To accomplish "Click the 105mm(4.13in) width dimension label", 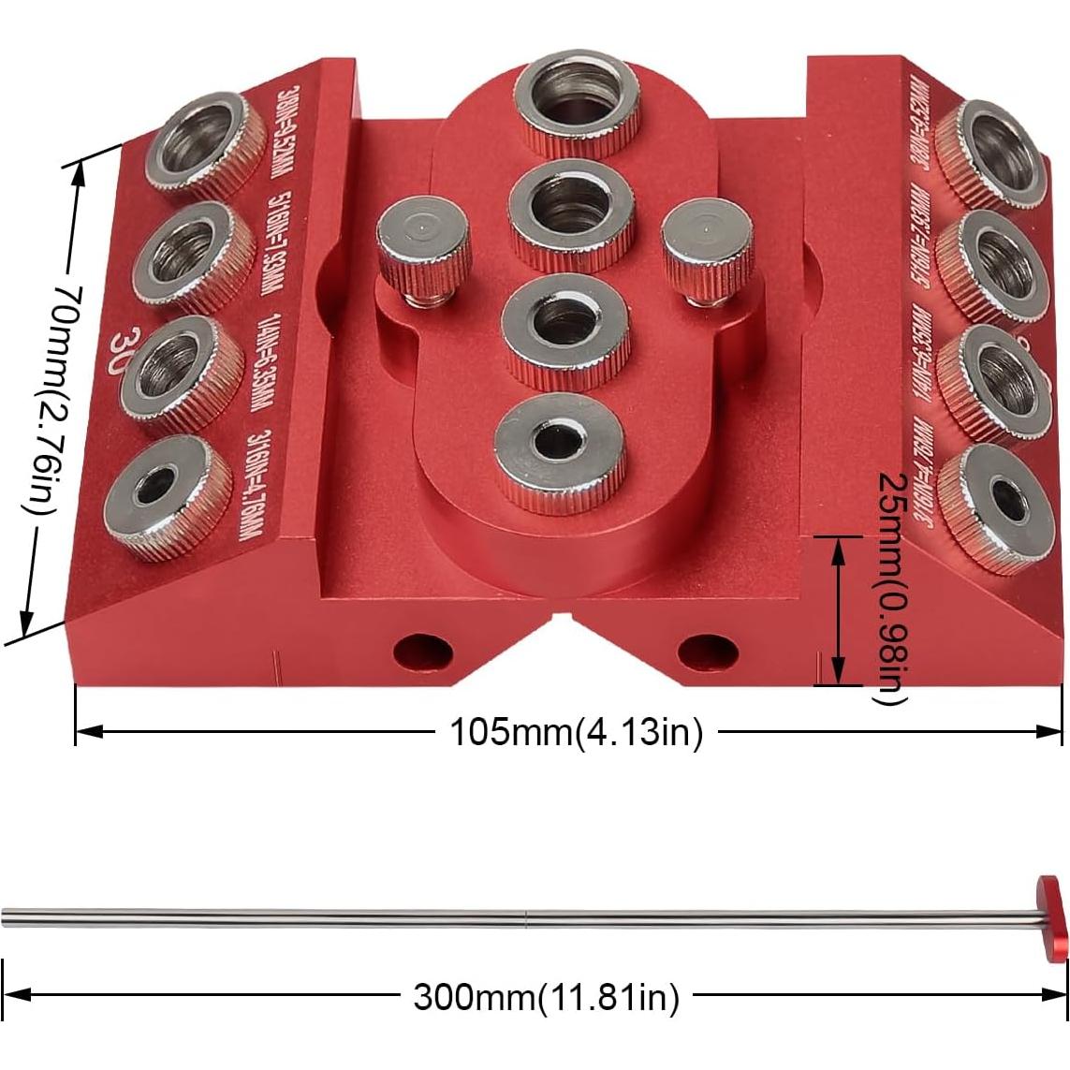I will click(576, 732).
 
